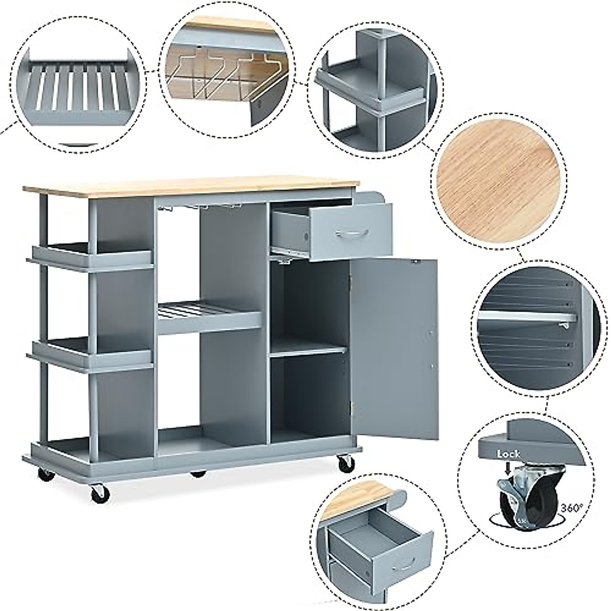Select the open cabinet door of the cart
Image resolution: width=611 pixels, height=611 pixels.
point(395,349)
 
